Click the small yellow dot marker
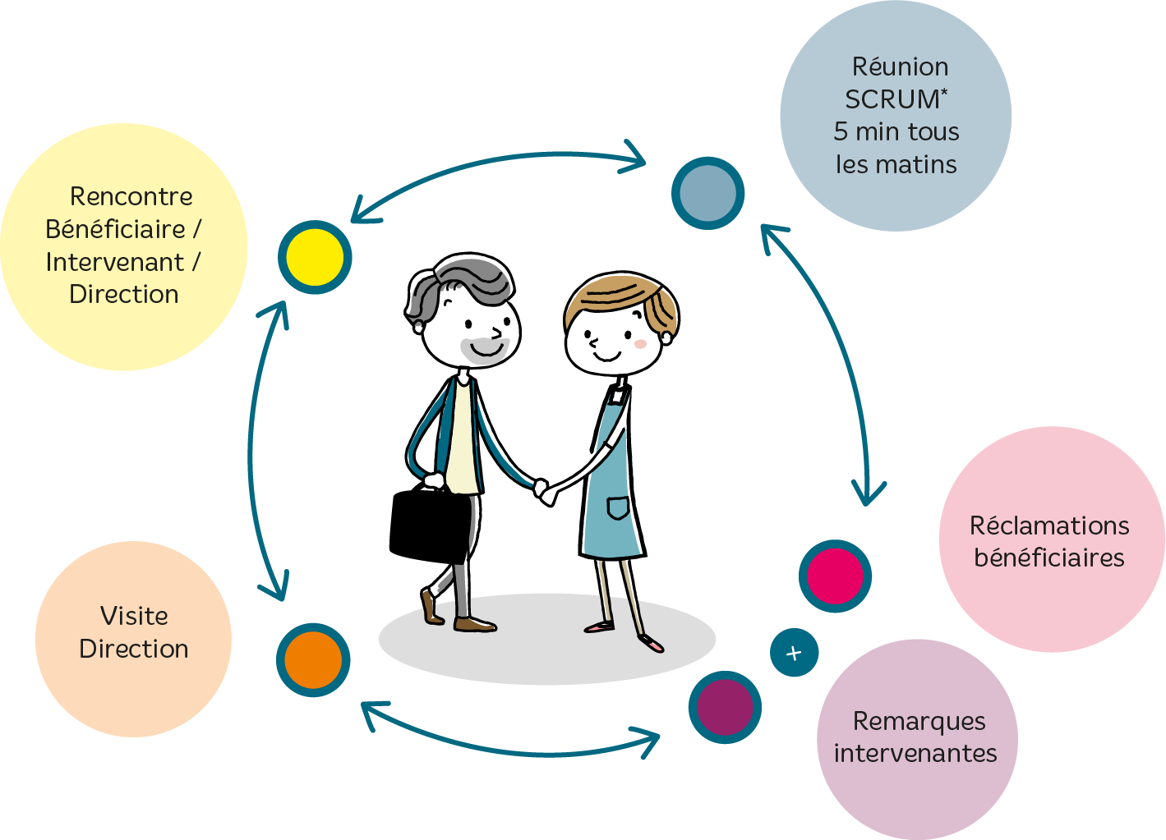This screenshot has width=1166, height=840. pos(315,258)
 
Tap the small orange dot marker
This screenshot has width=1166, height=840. pos(313,660)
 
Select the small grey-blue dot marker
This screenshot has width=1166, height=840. pos(708,193)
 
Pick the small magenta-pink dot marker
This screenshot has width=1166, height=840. pos(835,576)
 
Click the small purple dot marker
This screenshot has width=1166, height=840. pos(725,707)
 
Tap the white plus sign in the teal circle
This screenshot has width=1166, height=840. pos(794,653)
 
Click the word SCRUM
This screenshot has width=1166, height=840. pos(892,99)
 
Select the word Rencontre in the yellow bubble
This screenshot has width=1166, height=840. pos(131,196)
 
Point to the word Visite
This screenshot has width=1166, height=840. pos(134,617)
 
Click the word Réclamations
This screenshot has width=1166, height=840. pos(1049,526)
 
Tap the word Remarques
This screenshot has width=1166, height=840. pos(919,723)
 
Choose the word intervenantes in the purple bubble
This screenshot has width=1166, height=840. pos(915,754)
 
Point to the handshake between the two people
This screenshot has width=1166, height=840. pos(545,492)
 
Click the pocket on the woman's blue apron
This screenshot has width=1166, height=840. pos(618,507)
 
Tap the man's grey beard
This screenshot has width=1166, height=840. pos(484,351)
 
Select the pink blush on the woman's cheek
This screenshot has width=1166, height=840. pos(640,344)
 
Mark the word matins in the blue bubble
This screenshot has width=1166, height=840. pos(922,164)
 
